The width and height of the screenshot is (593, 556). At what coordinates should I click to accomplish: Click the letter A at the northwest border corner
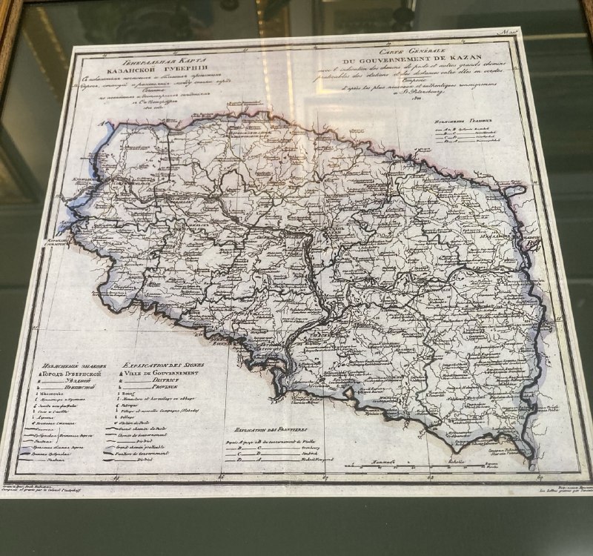click(x=98, y=125)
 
